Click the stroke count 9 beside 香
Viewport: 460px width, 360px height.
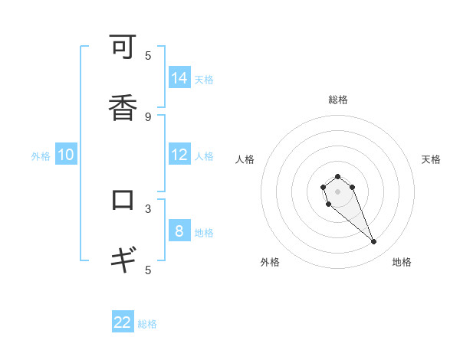148,116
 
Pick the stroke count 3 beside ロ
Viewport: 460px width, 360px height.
148,208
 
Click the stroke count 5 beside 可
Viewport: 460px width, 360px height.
148,55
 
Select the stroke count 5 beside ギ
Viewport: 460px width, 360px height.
148,270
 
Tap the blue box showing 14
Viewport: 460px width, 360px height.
179,78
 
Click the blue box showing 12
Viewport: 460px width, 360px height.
179,155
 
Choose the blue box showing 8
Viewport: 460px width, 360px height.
179,231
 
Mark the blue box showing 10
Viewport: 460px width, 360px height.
66,155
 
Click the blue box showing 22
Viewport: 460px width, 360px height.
123,322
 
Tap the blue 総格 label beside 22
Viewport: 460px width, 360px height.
147,324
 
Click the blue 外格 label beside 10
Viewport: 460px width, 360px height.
41,156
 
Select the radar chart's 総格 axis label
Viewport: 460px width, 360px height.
337,100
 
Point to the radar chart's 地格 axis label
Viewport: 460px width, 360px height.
402,262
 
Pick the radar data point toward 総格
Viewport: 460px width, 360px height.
337,176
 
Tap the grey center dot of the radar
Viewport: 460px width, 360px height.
337,191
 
